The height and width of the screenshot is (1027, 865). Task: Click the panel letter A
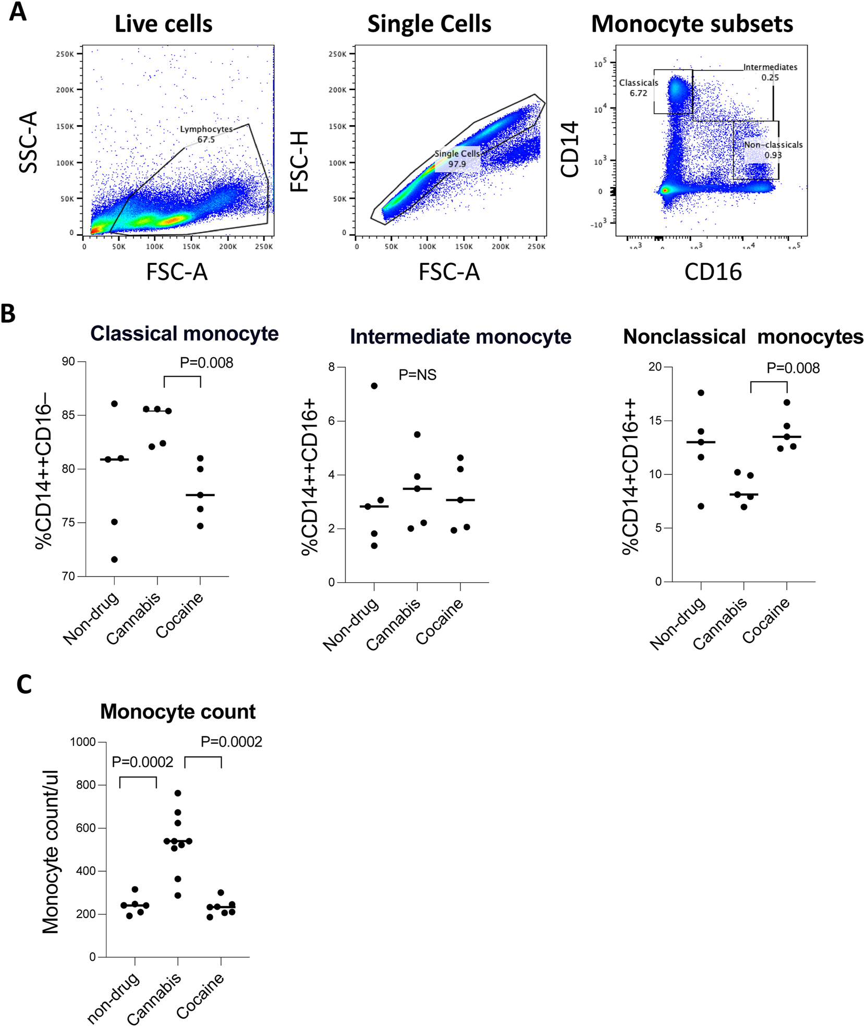pos(18,11)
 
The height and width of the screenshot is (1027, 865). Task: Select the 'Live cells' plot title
pos(163,24)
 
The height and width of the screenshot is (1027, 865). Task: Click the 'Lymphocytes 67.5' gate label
pos(206,134)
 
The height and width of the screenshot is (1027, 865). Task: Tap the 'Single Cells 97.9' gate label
pos(457,158)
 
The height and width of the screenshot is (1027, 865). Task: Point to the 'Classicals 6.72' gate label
pos(639,88)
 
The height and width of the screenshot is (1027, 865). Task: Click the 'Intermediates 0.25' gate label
pos(770,72)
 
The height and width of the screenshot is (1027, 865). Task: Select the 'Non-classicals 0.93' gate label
pos(773,150)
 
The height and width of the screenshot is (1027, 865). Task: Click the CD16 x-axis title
pos(713,272)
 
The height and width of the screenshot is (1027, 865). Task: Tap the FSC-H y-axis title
pos(300,162)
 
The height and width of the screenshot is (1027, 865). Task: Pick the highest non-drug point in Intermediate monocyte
pos(374,386)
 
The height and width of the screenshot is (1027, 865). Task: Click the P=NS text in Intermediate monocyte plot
pos(417,374)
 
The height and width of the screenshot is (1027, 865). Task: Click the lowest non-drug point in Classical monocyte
pos(115,559)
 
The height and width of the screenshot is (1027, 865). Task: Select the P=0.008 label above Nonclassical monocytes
pos(793,368)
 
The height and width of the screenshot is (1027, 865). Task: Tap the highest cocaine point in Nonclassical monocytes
pos(787,402)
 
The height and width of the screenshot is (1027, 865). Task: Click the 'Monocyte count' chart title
pos(178,711)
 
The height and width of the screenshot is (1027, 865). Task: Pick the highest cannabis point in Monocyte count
pos(178,793)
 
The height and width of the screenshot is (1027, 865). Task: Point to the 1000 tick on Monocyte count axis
pos(83,742)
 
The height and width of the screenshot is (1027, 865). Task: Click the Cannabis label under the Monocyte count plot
pos(154,998)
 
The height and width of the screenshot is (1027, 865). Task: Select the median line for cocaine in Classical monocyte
pos(200,495)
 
